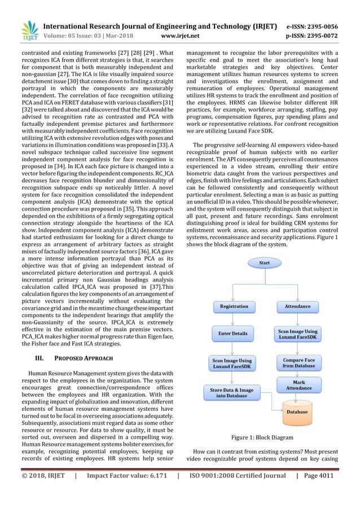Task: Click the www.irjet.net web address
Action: point(181,36)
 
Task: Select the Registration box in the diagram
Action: point(234,306)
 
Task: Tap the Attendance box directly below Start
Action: point(297,306)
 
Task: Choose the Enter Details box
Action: point(233,334)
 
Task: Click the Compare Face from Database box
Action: point(298,362)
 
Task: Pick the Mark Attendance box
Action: point(298,385)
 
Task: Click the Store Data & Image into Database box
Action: point(232,393)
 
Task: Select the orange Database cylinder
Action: point(298,411)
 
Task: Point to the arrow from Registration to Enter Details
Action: point(233,319)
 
